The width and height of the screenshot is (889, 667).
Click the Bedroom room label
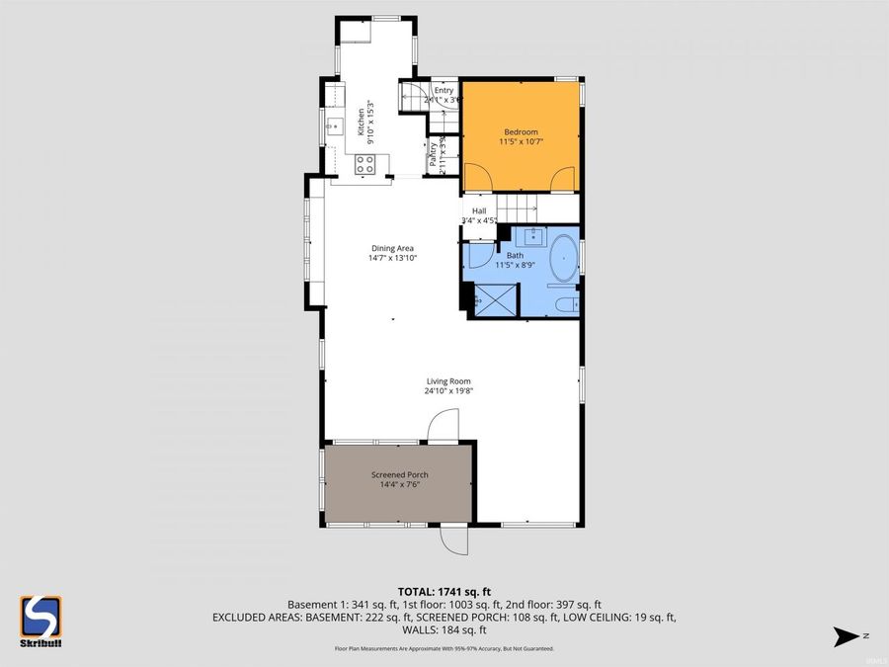click(521, 132)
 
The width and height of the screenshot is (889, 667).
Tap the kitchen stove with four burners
click(364, 164)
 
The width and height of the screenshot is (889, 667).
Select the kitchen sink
click(336, 125)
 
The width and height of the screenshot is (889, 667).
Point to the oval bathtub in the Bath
click(564, 258)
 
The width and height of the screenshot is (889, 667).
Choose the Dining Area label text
click(392, 248)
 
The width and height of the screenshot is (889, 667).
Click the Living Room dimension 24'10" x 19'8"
click(448, 390)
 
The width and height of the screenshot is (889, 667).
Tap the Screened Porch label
click(399, 475)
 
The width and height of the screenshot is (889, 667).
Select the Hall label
click(479, 210)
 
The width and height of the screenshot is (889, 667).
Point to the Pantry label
click(433, 156)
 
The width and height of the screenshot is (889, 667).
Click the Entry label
click(444, 91)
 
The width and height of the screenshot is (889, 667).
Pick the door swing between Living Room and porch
click(442, 426)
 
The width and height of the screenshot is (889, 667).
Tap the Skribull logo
click(40, 622)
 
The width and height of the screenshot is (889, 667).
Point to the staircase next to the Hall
click(516, 208)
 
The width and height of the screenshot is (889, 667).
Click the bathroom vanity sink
click(532, 236)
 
